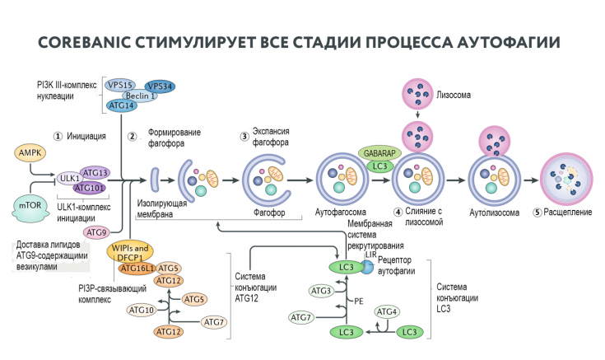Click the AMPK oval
pos(30,152)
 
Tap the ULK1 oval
pos(69,177)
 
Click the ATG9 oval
pos(98,232)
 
